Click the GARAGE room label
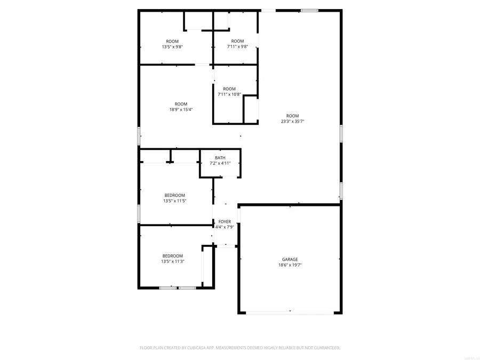point(290,260)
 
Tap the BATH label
point(220,158)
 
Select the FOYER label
point(225,221)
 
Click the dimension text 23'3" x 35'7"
point(293,122)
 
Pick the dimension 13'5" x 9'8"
point(172,47)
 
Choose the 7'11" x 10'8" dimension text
point(229,94)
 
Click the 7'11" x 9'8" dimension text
point(237,47)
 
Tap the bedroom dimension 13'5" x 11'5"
point(174,201)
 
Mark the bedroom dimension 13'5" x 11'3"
point(173,261)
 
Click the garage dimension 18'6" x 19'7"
point(290,265)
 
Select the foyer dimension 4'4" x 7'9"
point(225,227)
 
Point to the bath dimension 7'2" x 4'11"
point(220,163)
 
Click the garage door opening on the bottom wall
point(290,313)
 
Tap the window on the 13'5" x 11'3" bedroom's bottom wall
point(178,288)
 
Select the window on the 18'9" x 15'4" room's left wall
point(139,136)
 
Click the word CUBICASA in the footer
point(199,348)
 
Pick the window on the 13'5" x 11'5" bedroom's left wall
point(139,214)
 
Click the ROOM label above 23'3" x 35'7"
point(293,116)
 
